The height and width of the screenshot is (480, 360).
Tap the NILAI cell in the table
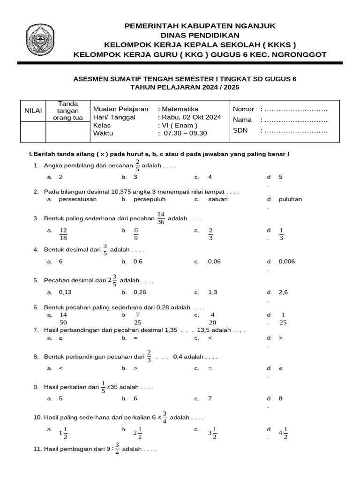tap(33, 110)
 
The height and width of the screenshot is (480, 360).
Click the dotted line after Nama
tap(294, 120)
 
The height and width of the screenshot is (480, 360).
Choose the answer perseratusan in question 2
tap(78, 199)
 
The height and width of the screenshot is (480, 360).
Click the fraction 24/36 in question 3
tap(161, 218)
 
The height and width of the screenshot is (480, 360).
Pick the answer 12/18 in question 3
tap(64, 234)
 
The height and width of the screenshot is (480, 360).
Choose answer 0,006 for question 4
tap(287, 262)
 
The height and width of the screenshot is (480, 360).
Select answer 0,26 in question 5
tap(140, 292)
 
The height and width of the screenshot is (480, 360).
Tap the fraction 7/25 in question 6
tap(137, 318)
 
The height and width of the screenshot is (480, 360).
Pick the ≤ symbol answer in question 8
tap(281, 368)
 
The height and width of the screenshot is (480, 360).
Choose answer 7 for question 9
tap(210, 398)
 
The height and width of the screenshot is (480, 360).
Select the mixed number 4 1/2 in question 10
tap(283, 433)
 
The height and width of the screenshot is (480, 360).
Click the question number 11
tap(37, 449)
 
